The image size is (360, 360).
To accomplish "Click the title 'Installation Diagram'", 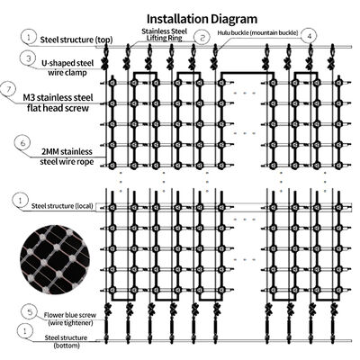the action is (202, 19).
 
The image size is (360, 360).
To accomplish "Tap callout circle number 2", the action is (202, 38).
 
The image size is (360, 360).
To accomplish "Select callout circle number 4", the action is (310, 36).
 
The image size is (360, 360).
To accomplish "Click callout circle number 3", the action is (29, 58).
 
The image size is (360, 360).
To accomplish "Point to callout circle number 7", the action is (9, 89).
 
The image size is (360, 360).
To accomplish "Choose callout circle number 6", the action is (22, 143).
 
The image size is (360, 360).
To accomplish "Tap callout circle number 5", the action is (30, 312).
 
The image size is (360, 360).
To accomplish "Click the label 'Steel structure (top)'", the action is (76, 40).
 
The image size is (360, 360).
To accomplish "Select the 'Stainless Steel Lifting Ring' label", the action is (164, 34).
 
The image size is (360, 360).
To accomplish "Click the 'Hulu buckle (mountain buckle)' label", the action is (257, 33).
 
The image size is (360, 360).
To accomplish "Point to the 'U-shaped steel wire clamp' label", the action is (67, 67).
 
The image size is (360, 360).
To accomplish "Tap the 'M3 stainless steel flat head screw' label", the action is (58, 103).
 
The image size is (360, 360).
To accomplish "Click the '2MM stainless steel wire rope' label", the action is (67, 157).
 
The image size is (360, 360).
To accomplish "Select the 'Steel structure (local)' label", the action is (62, 206).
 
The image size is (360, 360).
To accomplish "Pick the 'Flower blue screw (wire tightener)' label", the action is (70, 319).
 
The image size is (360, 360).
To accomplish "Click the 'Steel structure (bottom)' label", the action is (67, 341).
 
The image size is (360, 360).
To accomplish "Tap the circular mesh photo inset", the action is (55, 259).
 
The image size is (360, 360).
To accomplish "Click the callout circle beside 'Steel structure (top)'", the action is (29, 37).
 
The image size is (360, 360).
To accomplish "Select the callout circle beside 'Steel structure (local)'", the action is (20, 201).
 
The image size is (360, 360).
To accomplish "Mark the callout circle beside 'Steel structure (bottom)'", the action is (25, 331).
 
